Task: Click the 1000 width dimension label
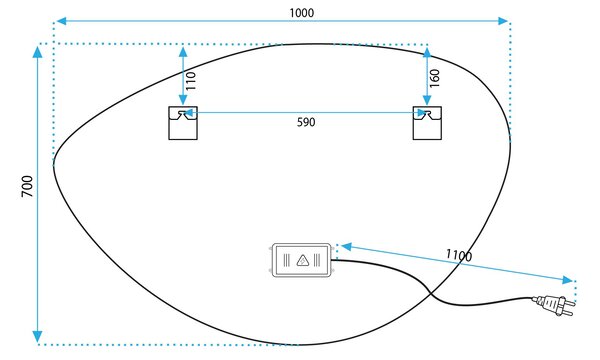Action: pos(302,13)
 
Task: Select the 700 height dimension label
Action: pos(27,186)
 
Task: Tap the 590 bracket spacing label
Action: pos(306,122)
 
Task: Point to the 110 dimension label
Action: pos(191,81)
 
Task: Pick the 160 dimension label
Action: pos(435,78)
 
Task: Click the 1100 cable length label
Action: pos(459,255)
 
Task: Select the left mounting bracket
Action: pos(183,123)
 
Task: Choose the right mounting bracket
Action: pos(427,123)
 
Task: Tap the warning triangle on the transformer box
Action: pos(303,261)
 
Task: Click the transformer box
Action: pos(302,260)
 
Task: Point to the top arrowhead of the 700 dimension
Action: pos(38,52)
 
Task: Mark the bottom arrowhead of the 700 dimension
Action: pos(38,336)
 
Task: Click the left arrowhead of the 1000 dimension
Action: pos(62,21)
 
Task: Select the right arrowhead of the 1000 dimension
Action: pos(502,21)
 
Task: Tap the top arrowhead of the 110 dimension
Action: pos(183,52)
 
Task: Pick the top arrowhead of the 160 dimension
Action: pos(427,52)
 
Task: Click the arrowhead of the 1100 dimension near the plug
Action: pos(568,280)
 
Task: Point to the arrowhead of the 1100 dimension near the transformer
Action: pos(347,247)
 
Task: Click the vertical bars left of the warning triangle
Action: pos(287,261)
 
